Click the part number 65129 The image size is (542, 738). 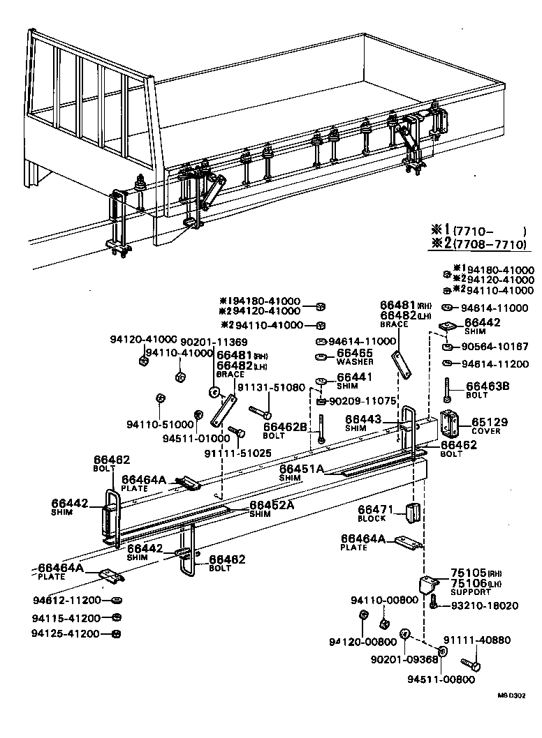tap(490, 422)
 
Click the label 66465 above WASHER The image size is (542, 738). tap(356, 354)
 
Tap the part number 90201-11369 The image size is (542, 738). tap(213, 342)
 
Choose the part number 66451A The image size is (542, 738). tap(302, 469)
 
